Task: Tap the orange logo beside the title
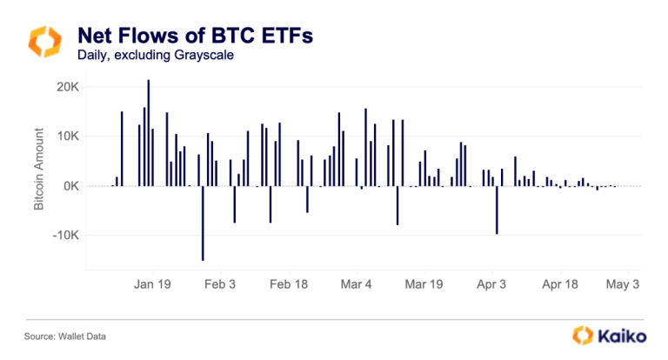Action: tap(44, 42)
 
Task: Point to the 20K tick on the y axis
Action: tap(67, 87)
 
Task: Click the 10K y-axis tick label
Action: tap(67, 137)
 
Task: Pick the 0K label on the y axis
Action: tap(70, 186)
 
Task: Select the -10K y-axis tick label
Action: tap(65, 236)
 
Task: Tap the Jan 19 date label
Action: tap(152, 283)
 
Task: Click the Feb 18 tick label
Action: tap(289, 283)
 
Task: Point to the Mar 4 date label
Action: tap(357, 283)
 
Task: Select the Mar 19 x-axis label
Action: tap(425, 283)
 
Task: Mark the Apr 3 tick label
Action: tap(492, 283)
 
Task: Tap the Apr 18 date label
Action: tap(560, 283)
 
